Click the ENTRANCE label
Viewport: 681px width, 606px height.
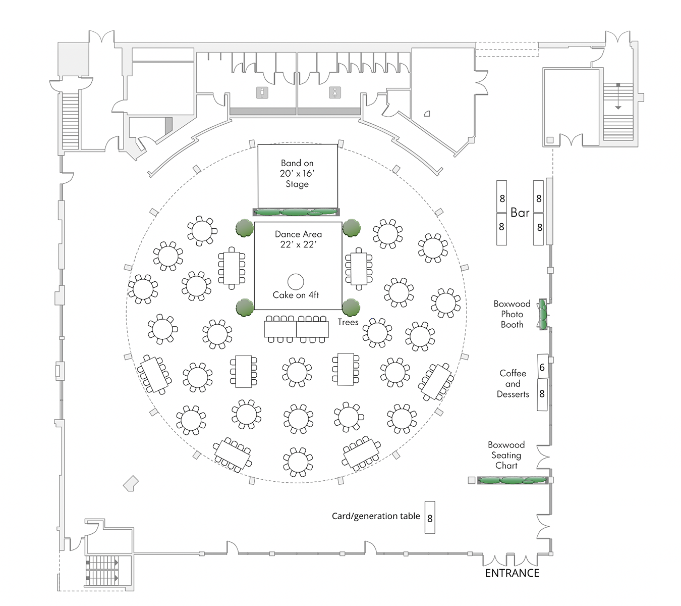click(x=512, y=573)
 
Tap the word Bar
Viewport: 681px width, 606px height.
click(x=520, y=213)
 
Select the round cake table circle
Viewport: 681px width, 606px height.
click(x=296, y=282)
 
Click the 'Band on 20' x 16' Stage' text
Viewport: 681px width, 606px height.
click(x=297, y=173)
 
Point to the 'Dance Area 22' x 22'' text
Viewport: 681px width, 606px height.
click(x=298, y=239)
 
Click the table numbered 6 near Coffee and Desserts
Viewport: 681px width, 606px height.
click(x=542, y=367)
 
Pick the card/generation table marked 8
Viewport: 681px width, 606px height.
click(x=430, y=518)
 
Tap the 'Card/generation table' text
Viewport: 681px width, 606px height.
click(x=376, y=516)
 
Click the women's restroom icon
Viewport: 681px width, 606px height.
click(x=335, y=92)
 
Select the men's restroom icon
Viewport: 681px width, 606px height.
click(x=262, y=92)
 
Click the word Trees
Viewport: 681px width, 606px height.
click(x=348, y=322)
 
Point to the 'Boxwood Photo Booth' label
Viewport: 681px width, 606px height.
click(x=512, y=314)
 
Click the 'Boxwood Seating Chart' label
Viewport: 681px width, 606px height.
click(x=506, y=455)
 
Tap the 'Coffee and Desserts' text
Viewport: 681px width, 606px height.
click(x=513, y=384)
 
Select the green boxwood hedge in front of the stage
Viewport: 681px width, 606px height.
click(x=296, y=212)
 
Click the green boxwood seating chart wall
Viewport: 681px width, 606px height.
click(x=513, y=480)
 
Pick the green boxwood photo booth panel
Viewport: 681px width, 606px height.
click(x=543, y=314)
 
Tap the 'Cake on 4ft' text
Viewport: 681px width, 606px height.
click(x=296, y=295)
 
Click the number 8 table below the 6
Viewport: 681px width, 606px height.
click(x=542, y=394)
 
